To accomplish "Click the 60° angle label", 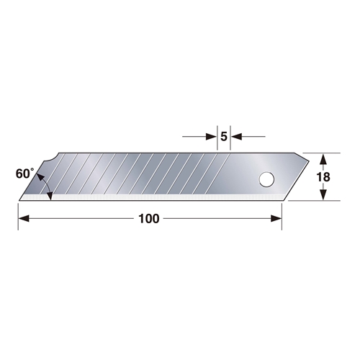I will tap(23, 174).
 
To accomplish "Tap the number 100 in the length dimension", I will tap(148, 218).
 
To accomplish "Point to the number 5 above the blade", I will tap(224, 135).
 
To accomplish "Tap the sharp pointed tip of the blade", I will tap(19, 199).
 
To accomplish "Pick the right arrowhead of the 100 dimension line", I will tap(278, 218).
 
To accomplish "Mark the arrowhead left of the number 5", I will tap(212, 135).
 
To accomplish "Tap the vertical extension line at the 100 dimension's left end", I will tap(18, 212).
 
